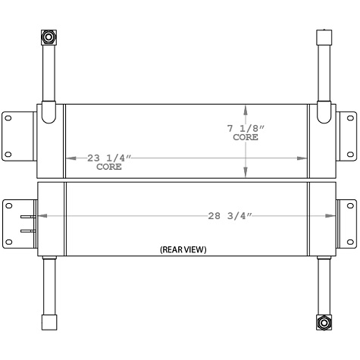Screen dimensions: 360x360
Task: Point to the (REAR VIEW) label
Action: (x=183, y=249)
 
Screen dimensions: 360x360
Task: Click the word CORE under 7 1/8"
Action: (x=245, y=139)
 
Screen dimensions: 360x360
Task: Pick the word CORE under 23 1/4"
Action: (x=109, y=167)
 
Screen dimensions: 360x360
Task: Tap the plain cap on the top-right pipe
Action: (x=323, y=38)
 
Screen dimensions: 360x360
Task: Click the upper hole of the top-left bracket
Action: (x=9, y=117)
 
